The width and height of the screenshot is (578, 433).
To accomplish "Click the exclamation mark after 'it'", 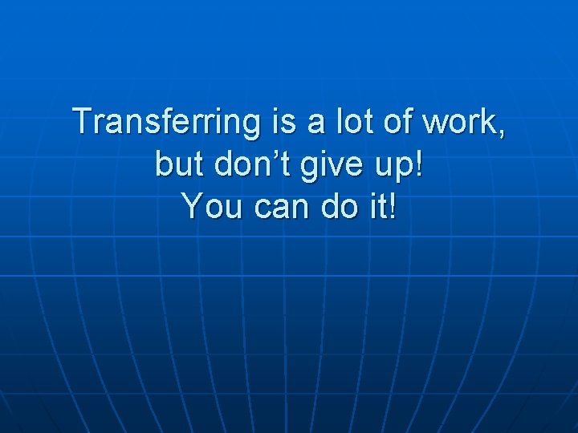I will click(x=393, y=207).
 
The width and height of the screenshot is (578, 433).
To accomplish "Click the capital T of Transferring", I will click(x=83, y=122).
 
